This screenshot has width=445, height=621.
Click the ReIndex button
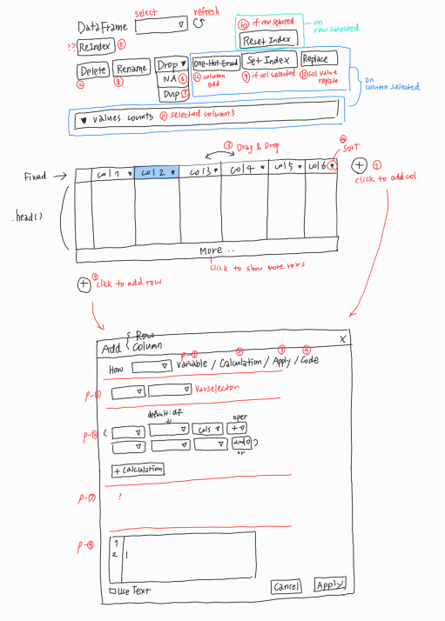(94, 46)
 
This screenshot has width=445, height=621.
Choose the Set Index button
(267, 61)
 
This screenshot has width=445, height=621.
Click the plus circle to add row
(84, 284)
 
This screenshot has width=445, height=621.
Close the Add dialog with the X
(343, 338)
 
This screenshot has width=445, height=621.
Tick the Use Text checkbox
(111, 591)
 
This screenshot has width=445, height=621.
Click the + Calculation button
(138, 470)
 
